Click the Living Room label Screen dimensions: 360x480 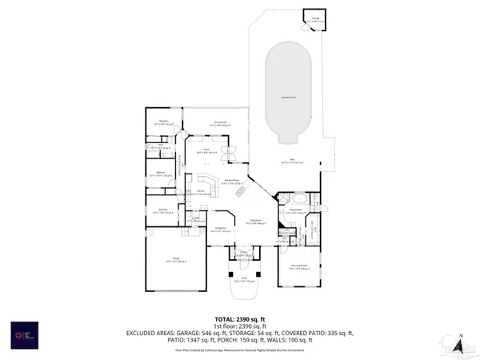tap(256, 222)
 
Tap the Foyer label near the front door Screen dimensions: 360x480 tap(242, 254)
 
